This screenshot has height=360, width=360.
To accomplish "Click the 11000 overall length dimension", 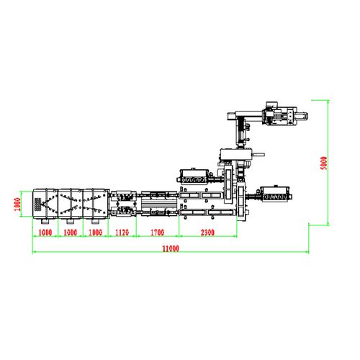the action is point(171,248).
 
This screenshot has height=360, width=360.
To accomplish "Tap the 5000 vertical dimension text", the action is point(324,163).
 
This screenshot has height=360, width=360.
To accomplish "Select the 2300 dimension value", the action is point(207,233).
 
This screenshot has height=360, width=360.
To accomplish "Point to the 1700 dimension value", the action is point(158,233).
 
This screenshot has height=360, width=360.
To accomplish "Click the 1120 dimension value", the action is point(122,233).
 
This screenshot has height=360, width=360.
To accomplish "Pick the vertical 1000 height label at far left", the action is point(17,204).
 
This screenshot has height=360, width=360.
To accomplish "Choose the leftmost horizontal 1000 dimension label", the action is point(45,233).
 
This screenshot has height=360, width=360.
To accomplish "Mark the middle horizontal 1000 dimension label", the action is point(71,233).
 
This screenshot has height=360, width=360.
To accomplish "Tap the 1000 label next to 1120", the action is point(96,233).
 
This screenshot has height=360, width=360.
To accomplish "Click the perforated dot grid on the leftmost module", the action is point(37,204).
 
